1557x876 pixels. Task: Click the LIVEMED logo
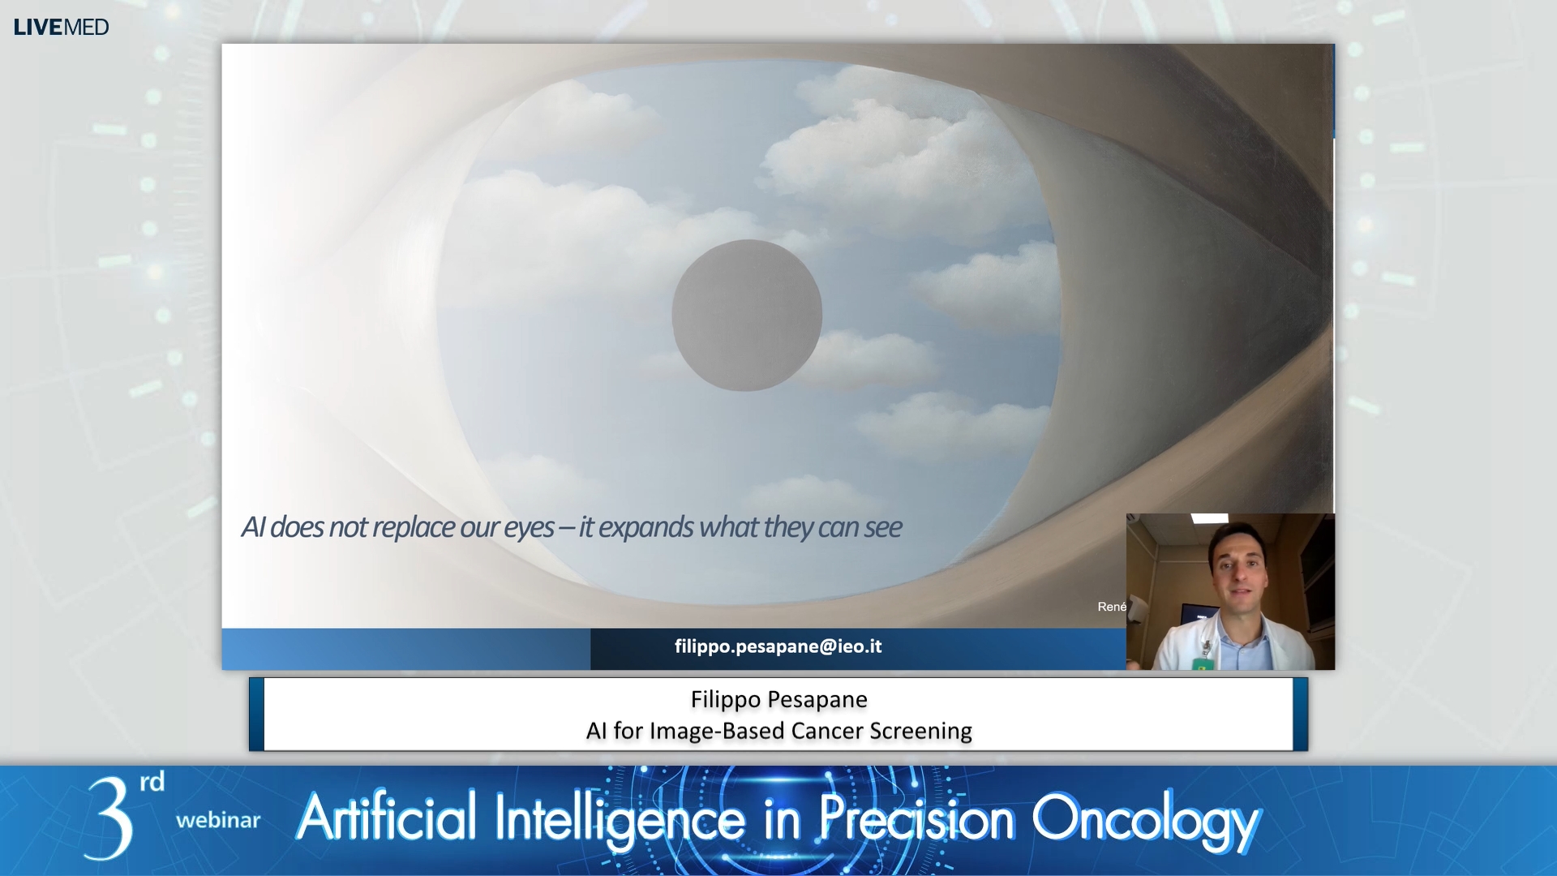click(61, 27)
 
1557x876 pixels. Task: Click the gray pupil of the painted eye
click(747, 316)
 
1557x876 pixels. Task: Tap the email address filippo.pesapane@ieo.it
click(778, 646)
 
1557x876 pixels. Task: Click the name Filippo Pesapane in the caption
click(778, 699)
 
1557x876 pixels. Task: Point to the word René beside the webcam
click(1112, 607)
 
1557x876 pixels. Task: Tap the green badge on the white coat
click(1203, 664)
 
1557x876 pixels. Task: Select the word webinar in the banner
click(218, 820)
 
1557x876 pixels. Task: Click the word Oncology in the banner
click(1144, 819)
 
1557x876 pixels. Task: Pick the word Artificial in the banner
click(387, 818)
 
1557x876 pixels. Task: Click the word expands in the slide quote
click(646, 528)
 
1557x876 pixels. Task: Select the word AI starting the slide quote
click(253, 527)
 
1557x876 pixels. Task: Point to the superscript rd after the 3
click(152, 782)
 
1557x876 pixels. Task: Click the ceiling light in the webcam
click(1209, 517)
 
